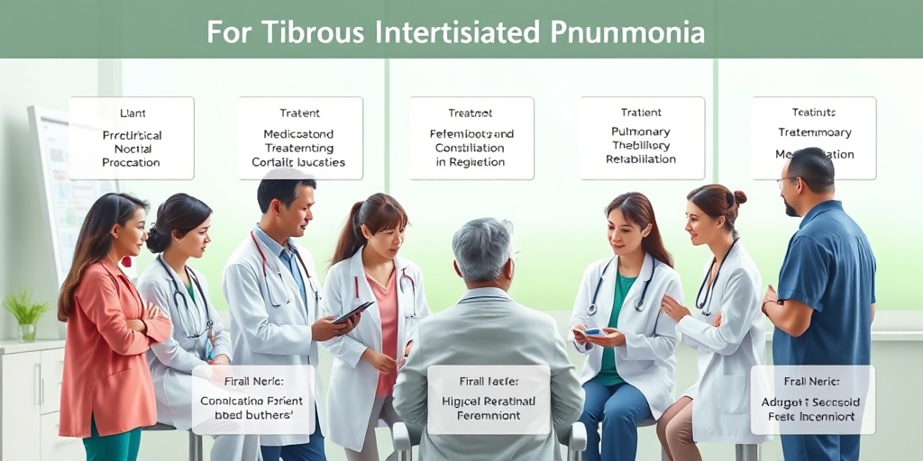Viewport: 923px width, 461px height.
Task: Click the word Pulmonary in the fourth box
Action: (641, 131)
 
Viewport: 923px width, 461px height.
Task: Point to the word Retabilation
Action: (641, 159)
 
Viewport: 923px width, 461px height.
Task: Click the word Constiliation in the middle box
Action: (471, 148)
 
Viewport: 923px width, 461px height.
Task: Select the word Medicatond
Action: (299, 134)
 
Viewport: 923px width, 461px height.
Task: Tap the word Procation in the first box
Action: (131, 163)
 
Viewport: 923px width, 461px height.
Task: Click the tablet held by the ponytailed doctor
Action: (353, 312)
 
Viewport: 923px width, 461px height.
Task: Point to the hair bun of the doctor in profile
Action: (739, 197)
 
